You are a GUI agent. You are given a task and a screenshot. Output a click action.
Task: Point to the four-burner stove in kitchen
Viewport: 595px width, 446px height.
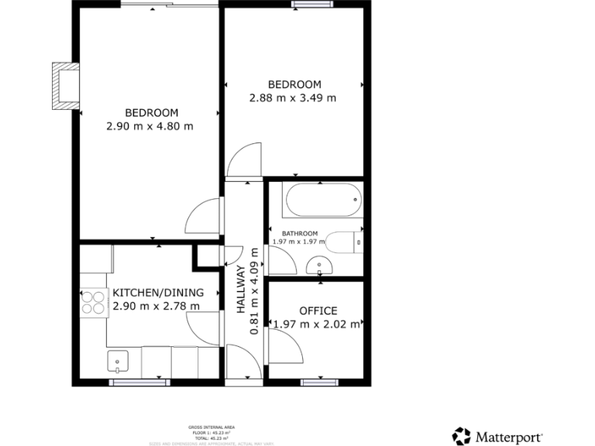94,301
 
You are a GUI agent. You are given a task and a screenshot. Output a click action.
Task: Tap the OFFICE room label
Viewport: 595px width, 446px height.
318,310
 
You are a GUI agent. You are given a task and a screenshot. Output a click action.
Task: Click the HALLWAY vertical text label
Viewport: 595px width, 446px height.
240,289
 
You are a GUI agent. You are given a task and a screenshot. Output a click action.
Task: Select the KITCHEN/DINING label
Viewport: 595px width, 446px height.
158,293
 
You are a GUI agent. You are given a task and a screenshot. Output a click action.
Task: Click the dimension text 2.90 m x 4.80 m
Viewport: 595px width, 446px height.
150,125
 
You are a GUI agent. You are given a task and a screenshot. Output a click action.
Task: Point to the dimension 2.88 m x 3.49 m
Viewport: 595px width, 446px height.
293,98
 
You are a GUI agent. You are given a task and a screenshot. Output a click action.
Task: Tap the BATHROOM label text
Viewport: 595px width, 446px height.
299,233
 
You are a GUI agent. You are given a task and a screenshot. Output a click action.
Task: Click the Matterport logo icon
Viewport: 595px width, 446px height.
462,436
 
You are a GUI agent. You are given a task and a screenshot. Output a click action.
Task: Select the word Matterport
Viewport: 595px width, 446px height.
508,437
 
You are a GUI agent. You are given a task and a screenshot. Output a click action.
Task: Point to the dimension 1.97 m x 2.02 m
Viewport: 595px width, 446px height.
317,324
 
